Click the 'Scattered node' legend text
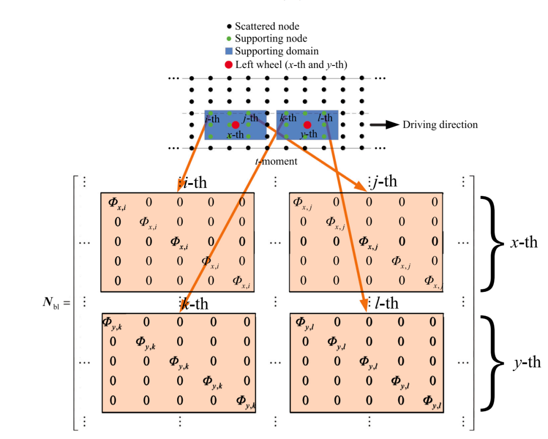(x=267, y=26)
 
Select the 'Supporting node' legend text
(x=271, y=39)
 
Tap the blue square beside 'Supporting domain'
(x=229, y=51)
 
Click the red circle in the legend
(x=229, y=64)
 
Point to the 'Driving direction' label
(x=440, y=125)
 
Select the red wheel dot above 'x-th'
(x=235, y=125)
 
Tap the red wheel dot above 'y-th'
(x=307, y=125)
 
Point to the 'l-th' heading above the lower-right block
(x=386, y=303)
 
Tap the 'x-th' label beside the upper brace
(x=524, y=243)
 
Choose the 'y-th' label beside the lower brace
(x=526, y=362)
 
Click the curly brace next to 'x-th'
(x=492, y=244)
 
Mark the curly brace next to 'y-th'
(x=492, y=362)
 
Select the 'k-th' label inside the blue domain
(x=288, y=118)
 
